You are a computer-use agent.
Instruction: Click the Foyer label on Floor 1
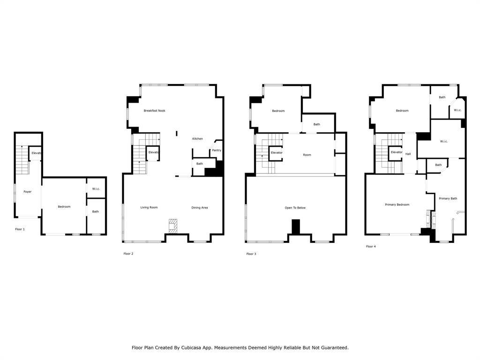pos(28,192)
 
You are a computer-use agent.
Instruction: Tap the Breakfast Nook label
pos(155,111)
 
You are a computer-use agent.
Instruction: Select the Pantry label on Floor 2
pos(217,150)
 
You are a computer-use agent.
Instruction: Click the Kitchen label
pos(197,139)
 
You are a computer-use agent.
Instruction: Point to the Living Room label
pos(149,207)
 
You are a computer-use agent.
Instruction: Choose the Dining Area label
pos(200,208)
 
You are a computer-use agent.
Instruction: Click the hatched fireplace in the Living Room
pos(173,226)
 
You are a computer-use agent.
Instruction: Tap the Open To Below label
pos(295,208)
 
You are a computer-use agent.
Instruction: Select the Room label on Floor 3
pos(307,155)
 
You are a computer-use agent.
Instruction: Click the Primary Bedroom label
pos(397,204)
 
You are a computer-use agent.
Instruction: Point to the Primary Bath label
pos(448,198)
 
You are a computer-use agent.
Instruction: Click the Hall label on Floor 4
pos(408,154)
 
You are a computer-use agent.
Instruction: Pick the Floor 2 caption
pos(128,254)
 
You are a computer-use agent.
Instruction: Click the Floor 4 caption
pos(371,246)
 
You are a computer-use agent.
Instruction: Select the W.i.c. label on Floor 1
pos(96,188)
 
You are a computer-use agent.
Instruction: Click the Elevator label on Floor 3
pos(277,152)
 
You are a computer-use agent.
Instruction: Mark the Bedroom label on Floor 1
pos(64,207)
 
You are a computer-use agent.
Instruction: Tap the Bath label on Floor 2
pos(200,164)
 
